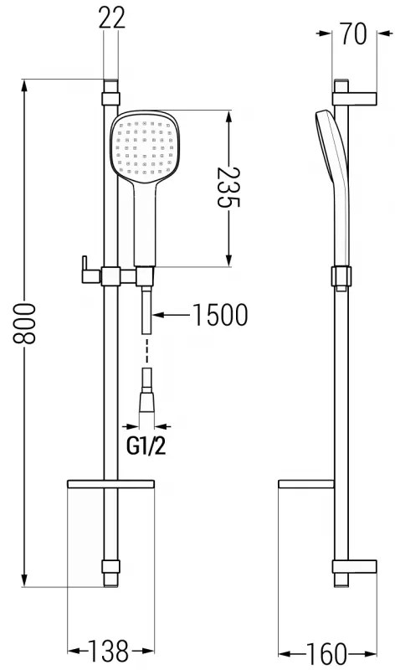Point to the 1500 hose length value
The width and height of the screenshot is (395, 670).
219,316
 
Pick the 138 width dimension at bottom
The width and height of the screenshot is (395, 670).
110,649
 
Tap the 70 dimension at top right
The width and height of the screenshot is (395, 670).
355,35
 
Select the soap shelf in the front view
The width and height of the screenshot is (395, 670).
110,485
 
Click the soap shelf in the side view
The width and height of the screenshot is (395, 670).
305,485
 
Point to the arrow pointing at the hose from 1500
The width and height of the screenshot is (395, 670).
172,316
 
